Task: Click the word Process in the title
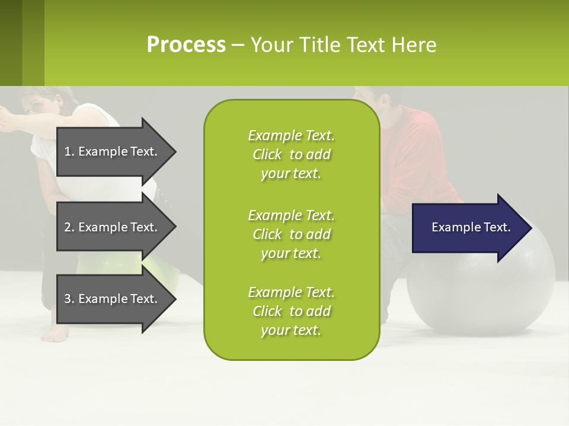[x=186, y=45]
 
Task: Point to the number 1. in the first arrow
[x=69, y=151]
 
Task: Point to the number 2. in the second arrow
[x=69, y=227]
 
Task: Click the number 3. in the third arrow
[x=69, y=299]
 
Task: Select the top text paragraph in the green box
[x=291, y=154]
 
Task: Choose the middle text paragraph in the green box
[x=291, y=234]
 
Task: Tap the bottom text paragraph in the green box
[x=291, y=311]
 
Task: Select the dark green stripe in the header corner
[x=11, y=43]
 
